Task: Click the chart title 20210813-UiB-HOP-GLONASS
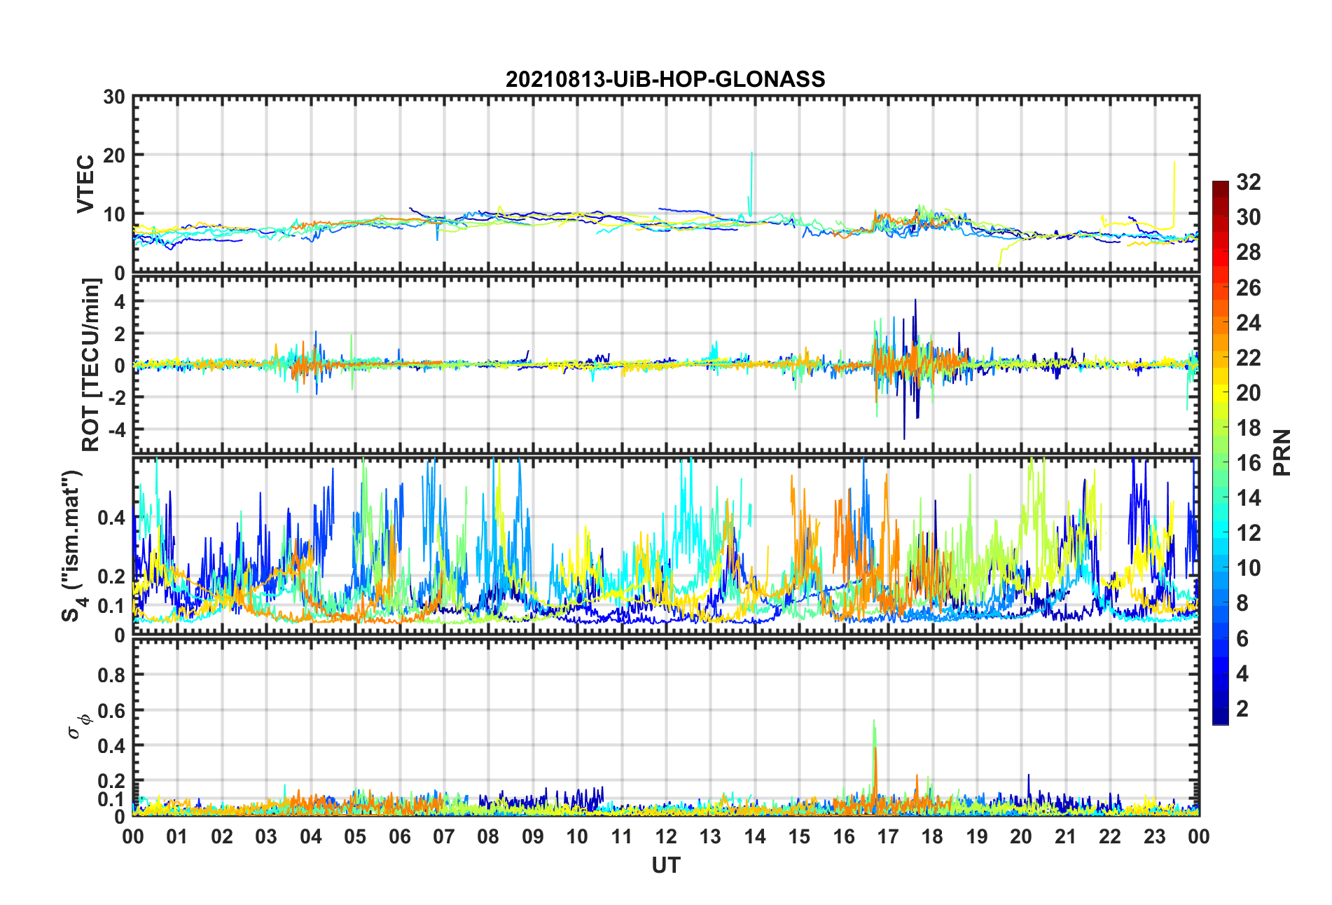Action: tap(665, 79)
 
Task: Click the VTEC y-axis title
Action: tap(85, 184)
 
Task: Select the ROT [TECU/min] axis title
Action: tap(91, 365)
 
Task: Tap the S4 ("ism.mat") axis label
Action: tap(72, 546)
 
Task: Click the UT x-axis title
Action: tap(665, 866)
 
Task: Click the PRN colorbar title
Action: tap(1282, 452)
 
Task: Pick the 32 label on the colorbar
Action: tap(1248, 182)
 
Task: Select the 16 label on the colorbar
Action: tap(1248, 463)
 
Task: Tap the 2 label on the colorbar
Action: tap(1242, 709)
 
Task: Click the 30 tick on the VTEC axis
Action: tap(114, 97)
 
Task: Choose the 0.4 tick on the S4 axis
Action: tap(111, 518)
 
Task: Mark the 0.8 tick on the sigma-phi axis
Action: tap(111, 675)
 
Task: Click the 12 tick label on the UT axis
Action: tap(666, 837)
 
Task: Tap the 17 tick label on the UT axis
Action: tap(888, 837)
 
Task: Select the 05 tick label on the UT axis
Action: tap(355, 837)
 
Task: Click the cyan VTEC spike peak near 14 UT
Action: tap(751, 153)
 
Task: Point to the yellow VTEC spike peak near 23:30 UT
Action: tap(1174, 163)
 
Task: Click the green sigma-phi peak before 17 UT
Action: tap(874, 720)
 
